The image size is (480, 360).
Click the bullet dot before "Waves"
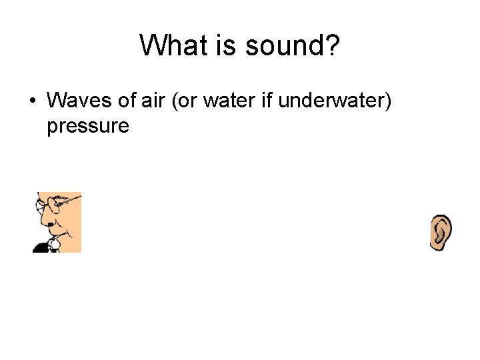point(32,101)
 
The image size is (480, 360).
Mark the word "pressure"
point(87,126)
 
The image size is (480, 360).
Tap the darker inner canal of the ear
point(439,233)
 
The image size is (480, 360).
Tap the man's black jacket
point(41,247)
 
